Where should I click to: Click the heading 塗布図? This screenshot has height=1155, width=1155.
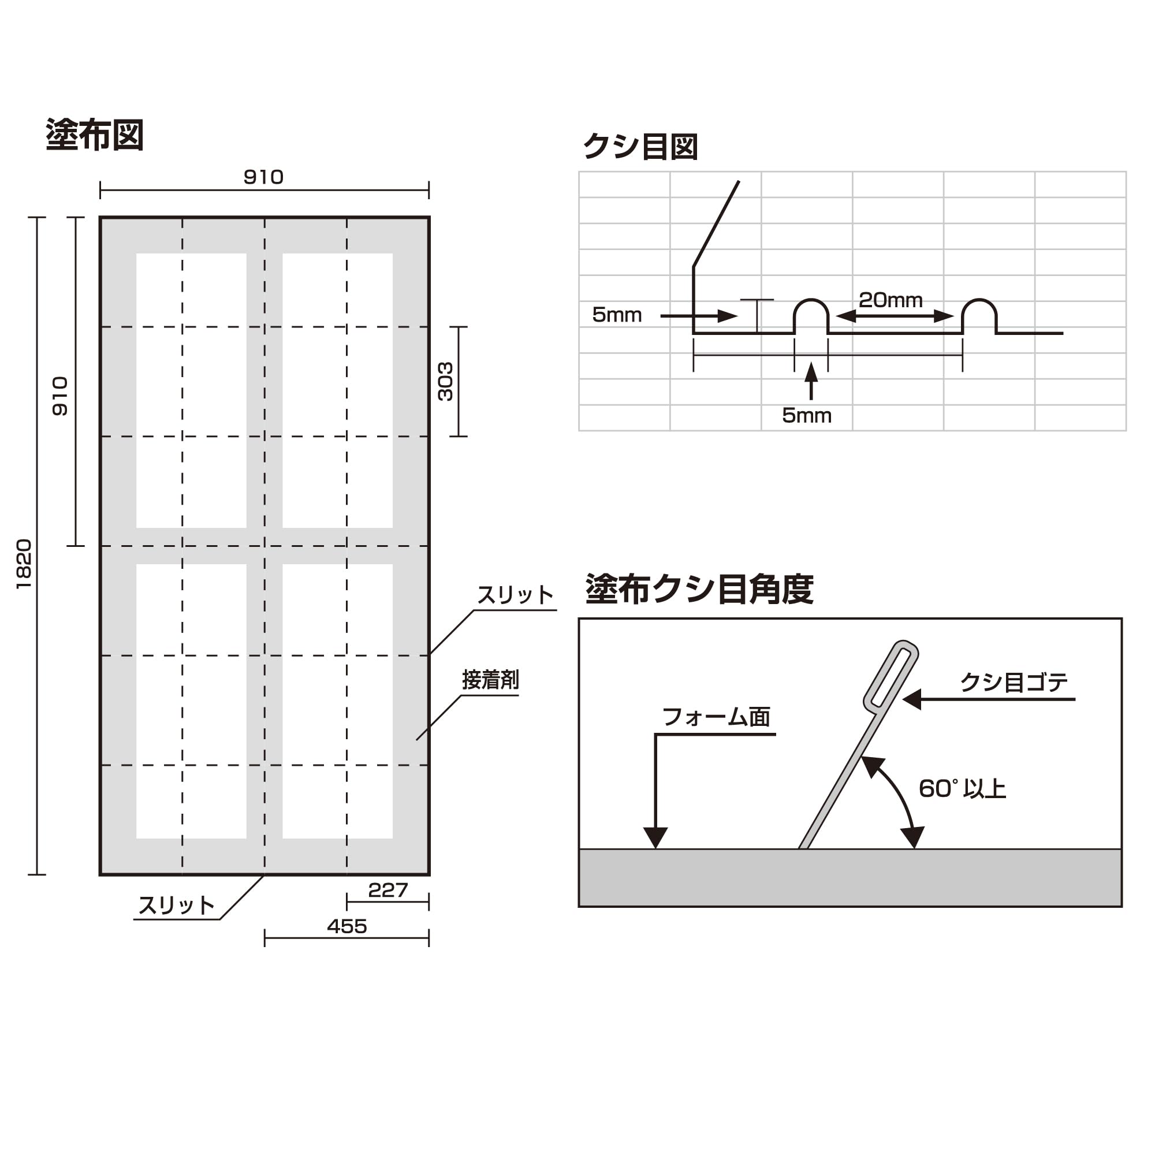[x=95, y=135]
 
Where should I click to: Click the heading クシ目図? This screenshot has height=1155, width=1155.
[x=640, y=147]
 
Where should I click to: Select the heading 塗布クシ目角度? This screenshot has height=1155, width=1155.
[x=699, y=590]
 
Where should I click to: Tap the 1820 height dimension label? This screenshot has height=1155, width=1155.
[x=24, y=564]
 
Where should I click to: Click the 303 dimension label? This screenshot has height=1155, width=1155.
[x=445, y=381]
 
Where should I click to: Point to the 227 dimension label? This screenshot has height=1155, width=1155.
[x=388, y=890]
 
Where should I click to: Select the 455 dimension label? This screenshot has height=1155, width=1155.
[x=346, y=926]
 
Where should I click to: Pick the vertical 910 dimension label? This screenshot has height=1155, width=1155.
[x=61, y=396]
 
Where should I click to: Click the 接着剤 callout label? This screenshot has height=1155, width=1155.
[x=490, y=680]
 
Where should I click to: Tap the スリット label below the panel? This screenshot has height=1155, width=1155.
[x=176, y=905]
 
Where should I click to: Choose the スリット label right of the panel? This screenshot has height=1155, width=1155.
[x=515, y=595]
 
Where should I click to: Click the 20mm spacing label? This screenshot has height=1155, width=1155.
[x=890, y=300]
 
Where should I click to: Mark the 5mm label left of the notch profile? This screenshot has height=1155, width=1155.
[x=616, y=315]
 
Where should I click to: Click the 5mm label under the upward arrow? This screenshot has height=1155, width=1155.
[x=806, y=415]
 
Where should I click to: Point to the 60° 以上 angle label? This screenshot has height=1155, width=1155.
[x=962, y=789]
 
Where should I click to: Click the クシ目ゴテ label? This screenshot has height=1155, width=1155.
[x=1014, y=682]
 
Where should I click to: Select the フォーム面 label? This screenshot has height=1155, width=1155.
[x=716, y=717]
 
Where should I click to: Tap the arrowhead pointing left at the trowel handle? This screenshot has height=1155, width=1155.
[x=912, y=699]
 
